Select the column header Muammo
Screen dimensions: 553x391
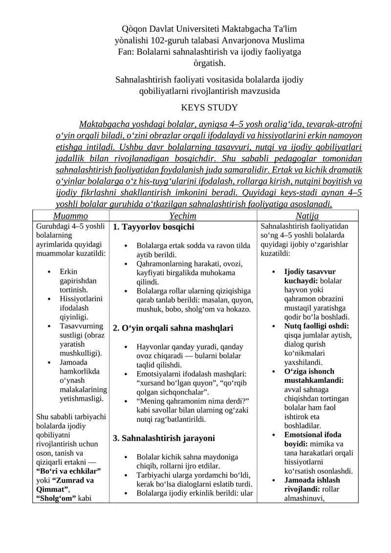tap(70, 216)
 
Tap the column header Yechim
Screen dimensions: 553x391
tap(182, 216)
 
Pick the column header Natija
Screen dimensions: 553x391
tap(307, 216)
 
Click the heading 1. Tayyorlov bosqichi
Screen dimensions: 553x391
tap(153, 227)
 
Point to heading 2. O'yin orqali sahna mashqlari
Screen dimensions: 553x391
tap(173, 328)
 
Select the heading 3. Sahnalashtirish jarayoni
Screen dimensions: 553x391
tap(164, 438)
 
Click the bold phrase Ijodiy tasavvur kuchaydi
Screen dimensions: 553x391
tap(309, 276)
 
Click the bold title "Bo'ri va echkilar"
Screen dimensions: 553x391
tap(68, 471)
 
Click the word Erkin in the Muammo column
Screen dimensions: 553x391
tap(68, 271)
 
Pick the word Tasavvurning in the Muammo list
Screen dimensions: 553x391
tap(81, 326)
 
